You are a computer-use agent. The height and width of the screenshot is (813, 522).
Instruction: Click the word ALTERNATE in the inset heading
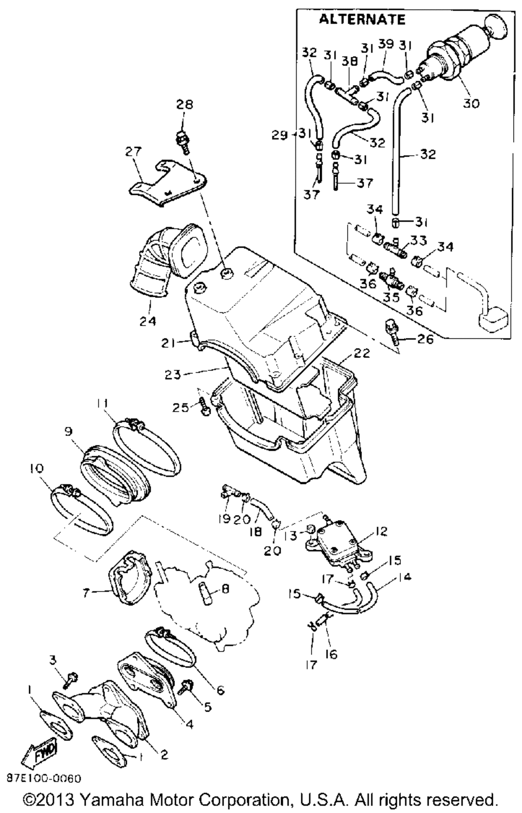(362, 19)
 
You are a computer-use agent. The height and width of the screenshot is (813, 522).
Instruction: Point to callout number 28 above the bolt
(185, 105)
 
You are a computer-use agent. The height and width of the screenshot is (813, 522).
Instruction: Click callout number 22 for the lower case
(361, 353)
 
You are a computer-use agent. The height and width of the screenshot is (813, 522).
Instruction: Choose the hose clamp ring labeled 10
(81, 510)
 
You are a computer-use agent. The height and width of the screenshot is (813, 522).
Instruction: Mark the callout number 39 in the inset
(386, 44)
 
